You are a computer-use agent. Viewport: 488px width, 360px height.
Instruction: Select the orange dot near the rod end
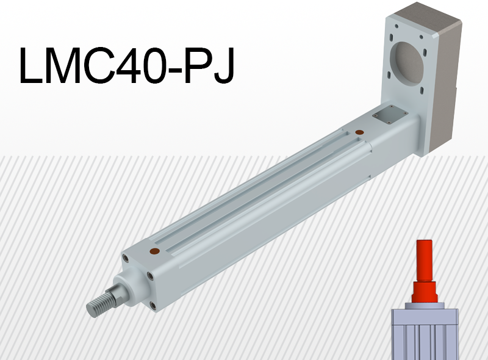(154, 251)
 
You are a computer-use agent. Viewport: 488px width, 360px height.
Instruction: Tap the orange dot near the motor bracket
(359, 132)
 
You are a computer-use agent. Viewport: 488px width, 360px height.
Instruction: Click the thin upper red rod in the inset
(425, 259)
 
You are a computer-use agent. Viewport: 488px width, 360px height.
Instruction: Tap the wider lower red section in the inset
(425, 292)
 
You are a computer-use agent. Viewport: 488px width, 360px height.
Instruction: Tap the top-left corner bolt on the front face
(126, 258)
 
